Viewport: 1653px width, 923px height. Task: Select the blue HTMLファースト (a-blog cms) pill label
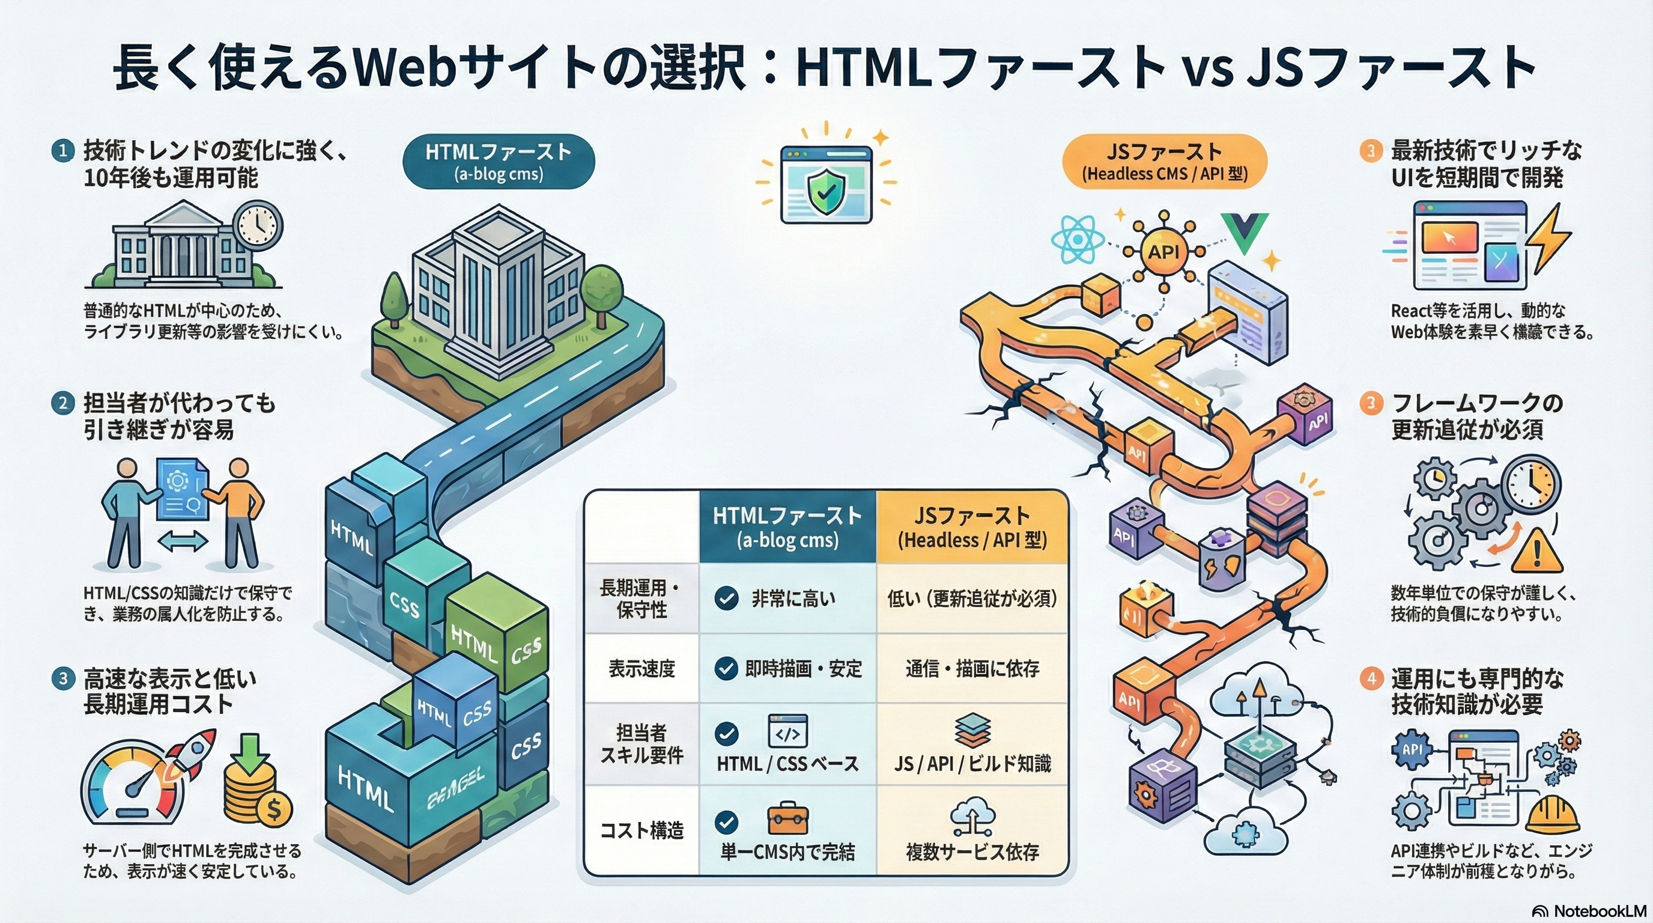point(499,161)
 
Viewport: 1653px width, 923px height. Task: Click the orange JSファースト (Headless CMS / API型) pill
point(1165,161)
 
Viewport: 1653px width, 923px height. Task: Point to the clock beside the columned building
point(257,225)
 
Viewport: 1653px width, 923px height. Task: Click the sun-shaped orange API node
point(1163,251)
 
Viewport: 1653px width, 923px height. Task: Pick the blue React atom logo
point(1078,238)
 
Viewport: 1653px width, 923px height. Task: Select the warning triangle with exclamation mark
point(1536,552)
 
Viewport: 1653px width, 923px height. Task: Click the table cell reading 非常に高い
point(787,599)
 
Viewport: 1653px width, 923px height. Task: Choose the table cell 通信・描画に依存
point(972,669)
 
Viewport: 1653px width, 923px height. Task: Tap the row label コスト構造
point(641,830)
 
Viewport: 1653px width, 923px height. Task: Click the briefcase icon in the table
point(788,819)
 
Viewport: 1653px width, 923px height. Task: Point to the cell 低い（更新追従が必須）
point(972,599)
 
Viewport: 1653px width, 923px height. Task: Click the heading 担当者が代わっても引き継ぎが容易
point(179,416)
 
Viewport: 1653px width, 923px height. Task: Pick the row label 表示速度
point(641,669)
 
